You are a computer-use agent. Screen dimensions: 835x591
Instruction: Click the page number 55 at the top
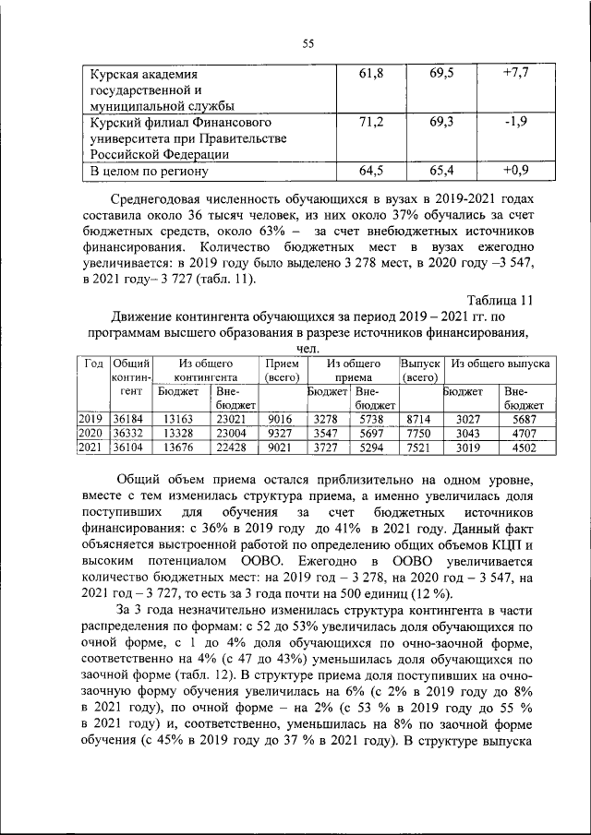[308, 42]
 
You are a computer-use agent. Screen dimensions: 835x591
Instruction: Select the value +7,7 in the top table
[514, 72]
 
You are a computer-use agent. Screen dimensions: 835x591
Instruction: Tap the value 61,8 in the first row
[370, 72]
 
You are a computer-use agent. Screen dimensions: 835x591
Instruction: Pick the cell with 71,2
[370, 122]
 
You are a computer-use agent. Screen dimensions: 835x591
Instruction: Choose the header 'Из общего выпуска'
[501, 364]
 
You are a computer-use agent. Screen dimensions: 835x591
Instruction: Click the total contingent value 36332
[129, 433]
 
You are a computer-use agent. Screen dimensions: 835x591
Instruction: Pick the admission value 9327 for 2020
[280, 433]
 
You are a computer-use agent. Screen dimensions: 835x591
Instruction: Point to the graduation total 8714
[419, 418]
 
